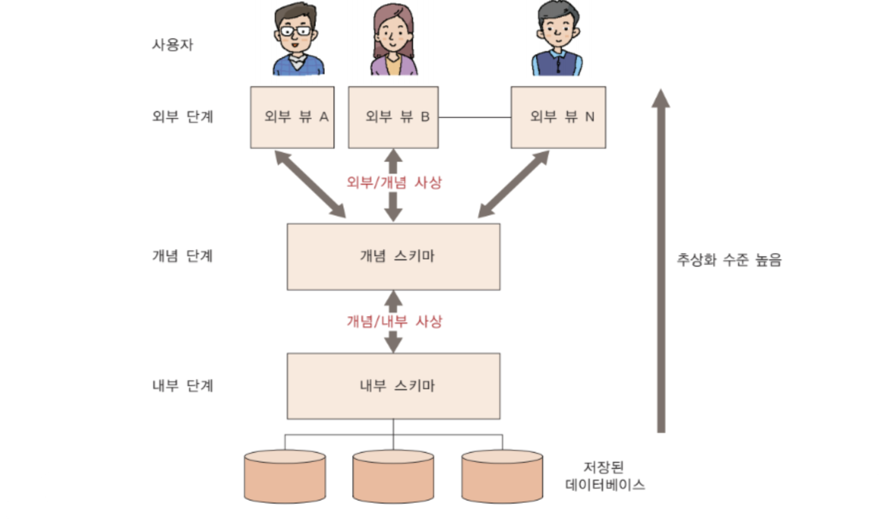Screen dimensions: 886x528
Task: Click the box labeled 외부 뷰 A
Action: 292,117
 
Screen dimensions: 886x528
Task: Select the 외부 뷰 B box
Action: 393,117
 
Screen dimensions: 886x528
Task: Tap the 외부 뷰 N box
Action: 558,117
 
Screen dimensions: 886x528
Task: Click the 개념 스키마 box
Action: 393,257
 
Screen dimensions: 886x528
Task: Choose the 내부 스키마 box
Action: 393,386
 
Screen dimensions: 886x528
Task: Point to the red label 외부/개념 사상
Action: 394,182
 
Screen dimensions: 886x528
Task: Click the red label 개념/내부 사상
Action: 394,321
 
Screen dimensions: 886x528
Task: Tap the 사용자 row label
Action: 172,45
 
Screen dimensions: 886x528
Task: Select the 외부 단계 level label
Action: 183,117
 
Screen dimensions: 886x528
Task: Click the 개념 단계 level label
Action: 183,256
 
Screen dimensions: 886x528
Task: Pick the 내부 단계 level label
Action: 183,386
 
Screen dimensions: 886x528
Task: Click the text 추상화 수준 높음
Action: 729,260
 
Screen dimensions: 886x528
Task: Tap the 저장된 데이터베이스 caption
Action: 604,476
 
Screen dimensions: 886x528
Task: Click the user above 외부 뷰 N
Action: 557,40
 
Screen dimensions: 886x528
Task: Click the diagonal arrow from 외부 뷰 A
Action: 311,184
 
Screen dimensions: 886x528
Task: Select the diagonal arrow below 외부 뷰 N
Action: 513,184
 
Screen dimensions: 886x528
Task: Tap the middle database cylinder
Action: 393,477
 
